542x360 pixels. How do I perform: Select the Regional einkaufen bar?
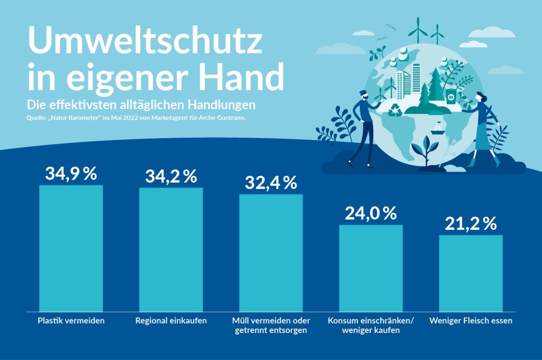pyautogui.click(x=171, y=249)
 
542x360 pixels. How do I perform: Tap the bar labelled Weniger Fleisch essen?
pyautogui.click(x=471, y=273)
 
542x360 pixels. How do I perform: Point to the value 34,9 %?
pyautogui.click(x=71, y=174)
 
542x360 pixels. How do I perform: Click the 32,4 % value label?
pyautogui.click(x=271, y=183)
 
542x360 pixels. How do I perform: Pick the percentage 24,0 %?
pyautogui.click(x=371, y=213)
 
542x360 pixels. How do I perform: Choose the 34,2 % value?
pyautogui.click(x=171, y=177)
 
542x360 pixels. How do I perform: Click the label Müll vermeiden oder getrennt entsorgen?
pyautogui.click(x=271, y=326)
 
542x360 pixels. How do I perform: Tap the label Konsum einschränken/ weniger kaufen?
pyautogui.click(x=371, y=326)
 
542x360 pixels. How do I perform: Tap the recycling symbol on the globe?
pyautogui.click(x=395, y=111)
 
